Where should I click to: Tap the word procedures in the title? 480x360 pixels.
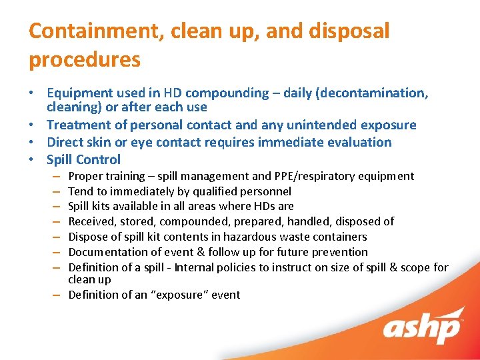(x=85, y=60)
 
